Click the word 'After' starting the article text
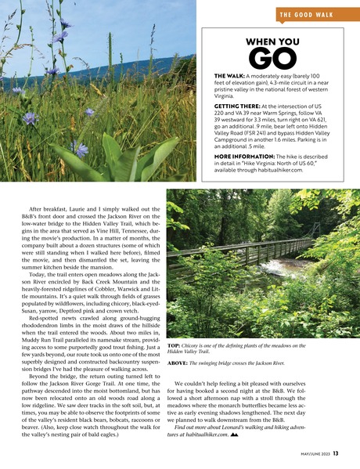[x=36, y=208]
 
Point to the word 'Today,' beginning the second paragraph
[x=38, y=275]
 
